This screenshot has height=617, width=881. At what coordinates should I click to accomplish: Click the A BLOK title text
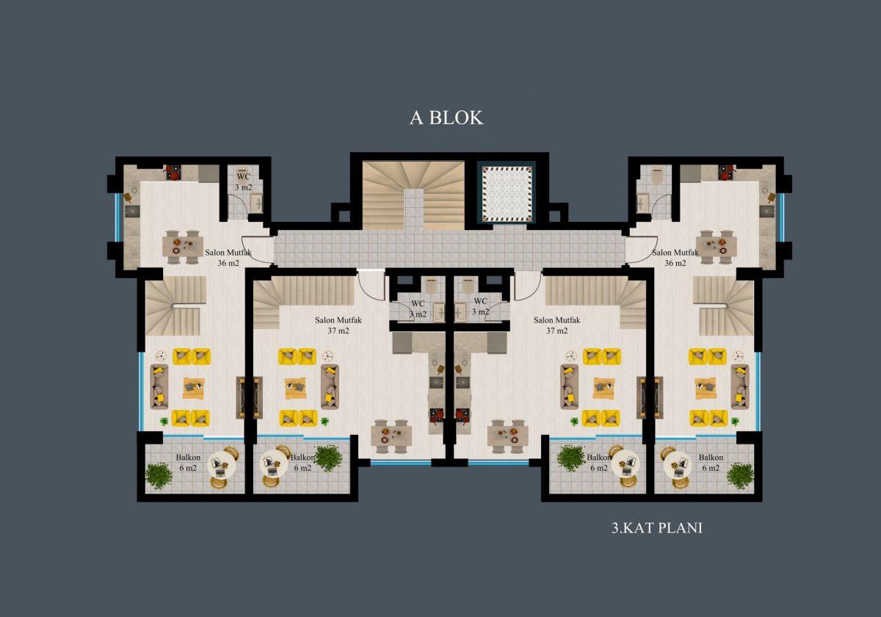click(446, 118)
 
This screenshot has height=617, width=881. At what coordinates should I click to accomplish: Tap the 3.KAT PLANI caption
click(657, 528)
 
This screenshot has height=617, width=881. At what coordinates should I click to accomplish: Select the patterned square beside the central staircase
click(507, 193)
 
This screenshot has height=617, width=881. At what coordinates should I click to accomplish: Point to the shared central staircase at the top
click(413, 195)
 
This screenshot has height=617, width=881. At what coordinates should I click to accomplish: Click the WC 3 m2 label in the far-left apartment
click(244, 182)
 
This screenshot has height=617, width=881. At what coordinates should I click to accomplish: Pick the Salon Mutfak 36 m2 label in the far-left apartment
click(228, 257)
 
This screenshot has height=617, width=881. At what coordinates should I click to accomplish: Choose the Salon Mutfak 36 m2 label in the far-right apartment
click(675, 257)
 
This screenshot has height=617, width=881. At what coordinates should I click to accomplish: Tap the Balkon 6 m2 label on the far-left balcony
click(188, 462)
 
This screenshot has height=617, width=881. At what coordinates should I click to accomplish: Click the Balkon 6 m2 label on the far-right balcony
click(711, 462)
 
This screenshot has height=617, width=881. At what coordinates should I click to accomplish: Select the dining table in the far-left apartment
click(183, 247)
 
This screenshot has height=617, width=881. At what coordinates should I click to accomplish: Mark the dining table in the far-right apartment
click(717, 247)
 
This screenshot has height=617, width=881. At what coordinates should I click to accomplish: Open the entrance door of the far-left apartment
click(255, 249)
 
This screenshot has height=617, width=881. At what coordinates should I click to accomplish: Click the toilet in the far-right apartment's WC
click(656, 176)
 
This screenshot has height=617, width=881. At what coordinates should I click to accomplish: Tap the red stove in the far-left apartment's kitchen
click(173, 173)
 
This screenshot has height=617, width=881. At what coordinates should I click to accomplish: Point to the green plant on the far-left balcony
click(159, 476)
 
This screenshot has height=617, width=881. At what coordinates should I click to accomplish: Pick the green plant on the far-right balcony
click(740, 476)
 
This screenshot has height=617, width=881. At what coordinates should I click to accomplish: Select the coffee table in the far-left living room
click(194, 389)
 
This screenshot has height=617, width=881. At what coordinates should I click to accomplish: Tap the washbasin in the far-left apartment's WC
click(257, 203)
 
